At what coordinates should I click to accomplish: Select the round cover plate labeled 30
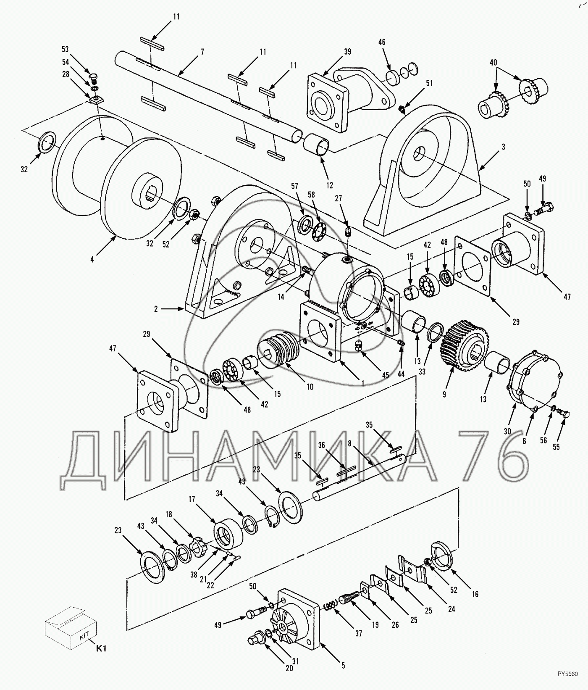point(534,378)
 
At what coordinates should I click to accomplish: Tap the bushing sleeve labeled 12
point(318,145)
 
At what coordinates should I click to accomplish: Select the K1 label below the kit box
point(101,648)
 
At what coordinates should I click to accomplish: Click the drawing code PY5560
point(569,685)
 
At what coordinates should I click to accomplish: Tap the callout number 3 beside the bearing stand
point(503,147)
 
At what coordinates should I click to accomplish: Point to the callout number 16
point(475,594)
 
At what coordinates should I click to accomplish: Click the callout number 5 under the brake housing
point(343,665)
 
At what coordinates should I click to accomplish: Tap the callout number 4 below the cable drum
point(92,259)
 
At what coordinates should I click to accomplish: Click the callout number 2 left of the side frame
point(156,309)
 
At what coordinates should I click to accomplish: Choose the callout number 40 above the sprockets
point(493,63)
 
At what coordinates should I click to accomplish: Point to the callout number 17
point(192,500)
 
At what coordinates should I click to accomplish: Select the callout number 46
point(382,42)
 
